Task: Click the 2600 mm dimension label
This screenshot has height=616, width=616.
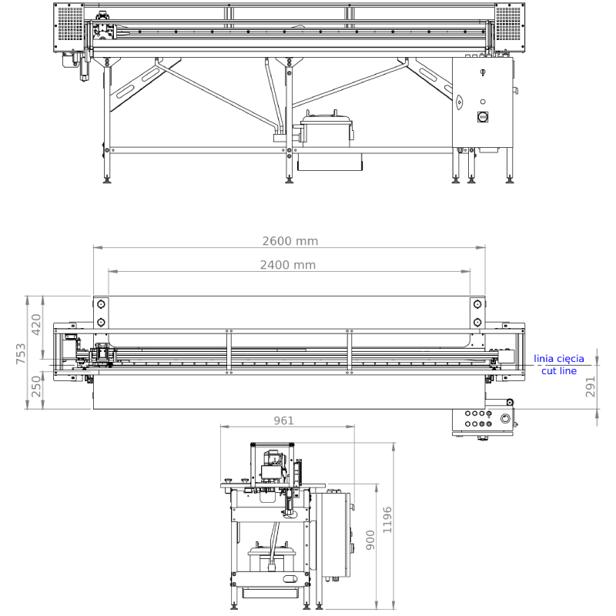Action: (290, 241)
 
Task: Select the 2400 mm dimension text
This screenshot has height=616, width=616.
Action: (287, 265)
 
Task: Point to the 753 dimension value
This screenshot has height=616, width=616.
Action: (21, 353)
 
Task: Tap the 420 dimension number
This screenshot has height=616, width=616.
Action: (36, 324)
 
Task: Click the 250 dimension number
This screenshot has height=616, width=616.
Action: (36, 387)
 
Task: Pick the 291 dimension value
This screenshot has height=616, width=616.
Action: (591, 387)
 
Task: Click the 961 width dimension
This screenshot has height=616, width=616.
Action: (283, 420)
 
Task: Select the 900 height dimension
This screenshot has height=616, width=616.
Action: (370, 540)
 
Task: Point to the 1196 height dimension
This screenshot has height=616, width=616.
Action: (387, 520)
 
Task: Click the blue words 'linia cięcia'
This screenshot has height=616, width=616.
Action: (559, 359)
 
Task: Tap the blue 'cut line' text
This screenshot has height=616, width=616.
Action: (559, 371)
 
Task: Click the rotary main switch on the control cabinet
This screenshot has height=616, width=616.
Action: (483, 117)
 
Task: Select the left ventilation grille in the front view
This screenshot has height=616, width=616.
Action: (70, 24)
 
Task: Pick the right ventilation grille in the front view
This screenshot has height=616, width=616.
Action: (508, 24)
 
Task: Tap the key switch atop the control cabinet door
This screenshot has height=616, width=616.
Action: (483, 72)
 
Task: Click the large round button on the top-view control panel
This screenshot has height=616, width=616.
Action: (505, 418)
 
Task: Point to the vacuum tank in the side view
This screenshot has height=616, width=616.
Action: (272, 557)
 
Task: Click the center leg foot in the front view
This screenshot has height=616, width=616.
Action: (290, 180)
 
